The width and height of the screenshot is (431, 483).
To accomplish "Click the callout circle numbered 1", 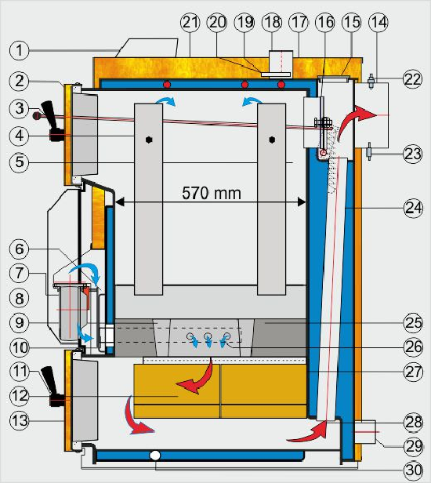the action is [19, 50].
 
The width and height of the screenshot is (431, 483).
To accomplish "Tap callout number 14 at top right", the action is [378, 22].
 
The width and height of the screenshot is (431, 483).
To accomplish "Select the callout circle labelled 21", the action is [190, 22].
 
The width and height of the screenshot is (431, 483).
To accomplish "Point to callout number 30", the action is [414, 470].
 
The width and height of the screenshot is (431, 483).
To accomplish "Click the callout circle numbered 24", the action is [414, 209].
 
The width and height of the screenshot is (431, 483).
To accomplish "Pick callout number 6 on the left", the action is [19, 249].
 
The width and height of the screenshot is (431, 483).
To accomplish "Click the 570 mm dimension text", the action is [212, 193].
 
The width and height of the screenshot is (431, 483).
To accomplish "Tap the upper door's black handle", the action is [51, 121].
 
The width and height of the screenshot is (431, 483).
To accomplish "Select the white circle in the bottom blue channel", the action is [155, 456].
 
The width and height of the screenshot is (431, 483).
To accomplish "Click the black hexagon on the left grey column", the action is [149, 140].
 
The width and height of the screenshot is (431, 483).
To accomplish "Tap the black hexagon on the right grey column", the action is [271, 140].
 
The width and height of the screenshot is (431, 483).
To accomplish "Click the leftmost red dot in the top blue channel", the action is [167, 84].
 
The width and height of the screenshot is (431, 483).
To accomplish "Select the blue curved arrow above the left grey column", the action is [166, 100].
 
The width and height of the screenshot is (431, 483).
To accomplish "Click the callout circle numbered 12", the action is [19, 395].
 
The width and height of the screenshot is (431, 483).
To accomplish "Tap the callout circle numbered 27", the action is [414, 372].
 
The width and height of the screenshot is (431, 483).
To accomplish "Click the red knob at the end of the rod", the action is [37, 115].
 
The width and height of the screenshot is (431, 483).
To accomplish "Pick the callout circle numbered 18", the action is [271, 22].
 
